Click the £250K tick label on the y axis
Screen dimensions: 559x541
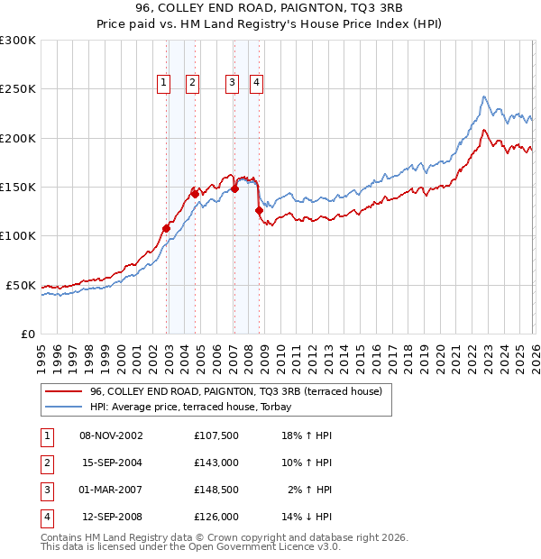[18, 89]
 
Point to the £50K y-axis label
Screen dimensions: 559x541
[21, 285]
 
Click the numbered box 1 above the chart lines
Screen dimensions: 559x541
[164, 83]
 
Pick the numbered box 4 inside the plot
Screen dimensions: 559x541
[257, 83]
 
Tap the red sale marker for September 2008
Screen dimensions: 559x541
[259, 211]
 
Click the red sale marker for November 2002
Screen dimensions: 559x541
[166, 228]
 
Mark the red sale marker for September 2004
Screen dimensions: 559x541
[195, 194]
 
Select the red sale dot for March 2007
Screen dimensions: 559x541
[234, 188]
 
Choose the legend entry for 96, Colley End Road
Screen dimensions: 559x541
[236, 391]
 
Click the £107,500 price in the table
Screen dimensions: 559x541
[216, 435]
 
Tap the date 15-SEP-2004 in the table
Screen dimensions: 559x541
[112, 463]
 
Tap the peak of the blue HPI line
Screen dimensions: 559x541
[484, 96]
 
